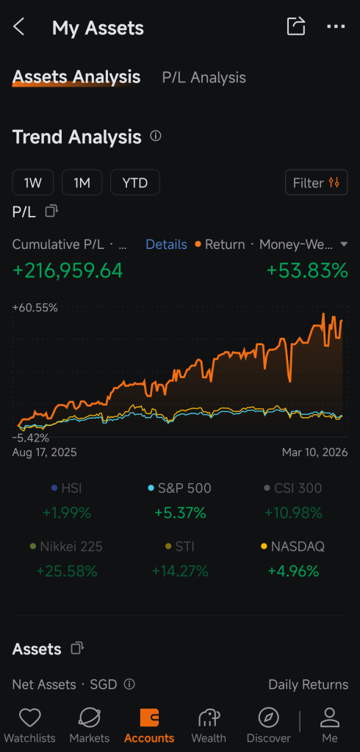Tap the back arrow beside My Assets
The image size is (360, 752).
18,27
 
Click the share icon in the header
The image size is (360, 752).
296,26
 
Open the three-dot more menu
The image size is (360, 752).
336,26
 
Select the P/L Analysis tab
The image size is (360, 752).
204,78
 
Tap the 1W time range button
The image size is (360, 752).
32,182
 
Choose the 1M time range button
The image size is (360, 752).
82,182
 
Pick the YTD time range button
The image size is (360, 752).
135,182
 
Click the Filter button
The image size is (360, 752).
317,182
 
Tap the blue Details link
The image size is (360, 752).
166,245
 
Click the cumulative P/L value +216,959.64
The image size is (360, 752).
68,270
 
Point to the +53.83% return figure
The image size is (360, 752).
307,270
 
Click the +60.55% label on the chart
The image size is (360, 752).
35,308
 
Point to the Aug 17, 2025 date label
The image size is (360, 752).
44,452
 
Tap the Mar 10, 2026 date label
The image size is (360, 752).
315,452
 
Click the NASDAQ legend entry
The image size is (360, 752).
293,546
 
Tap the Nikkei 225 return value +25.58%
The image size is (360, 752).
67,571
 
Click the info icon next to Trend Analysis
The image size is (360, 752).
156,136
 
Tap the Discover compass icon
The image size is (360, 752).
268,718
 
